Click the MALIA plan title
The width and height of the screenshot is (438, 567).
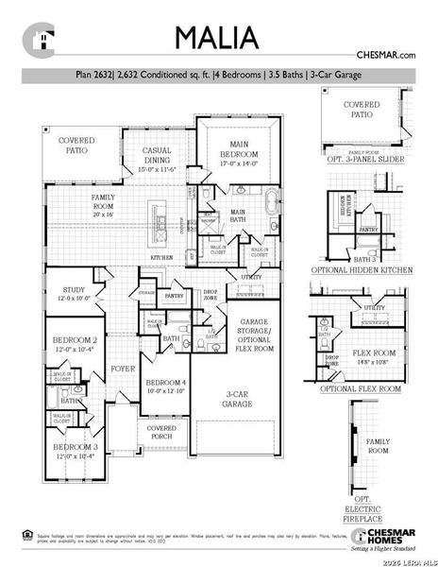(x=217, y=37)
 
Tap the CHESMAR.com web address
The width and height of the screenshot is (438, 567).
(x=385, y=57)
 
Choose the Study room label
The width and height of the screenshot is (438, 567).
(x=75, y=295)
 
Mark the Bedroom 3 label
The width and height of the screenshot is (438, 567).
(x=75, y=451)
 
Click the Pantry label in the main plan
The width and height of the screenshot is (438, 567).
(x=174, y=296)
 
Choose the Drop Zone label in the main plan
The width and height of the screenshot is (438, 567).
(x=211, y=295)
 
